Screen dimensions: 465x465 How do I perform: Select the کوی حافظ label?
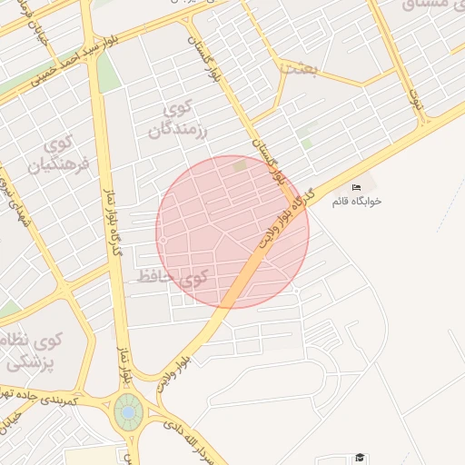tap(173, 276)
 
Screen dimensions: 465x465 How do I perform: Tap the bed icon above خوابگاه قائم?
tap(356, 187)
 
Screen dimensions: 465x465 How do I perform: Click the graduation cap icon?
tap(360, 457)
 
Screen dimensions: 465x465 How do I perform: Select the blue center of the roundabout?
tap(128, 412)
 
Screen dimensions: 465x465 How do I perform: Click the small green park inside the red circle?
tap(240, 165)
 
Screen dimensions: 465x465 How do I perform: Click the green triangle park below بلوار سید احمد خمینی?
tap(109, 73)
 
